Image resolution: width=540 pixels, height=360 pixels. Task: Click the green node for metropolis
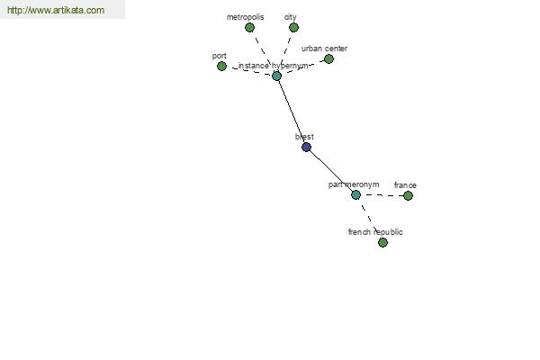[250, 28]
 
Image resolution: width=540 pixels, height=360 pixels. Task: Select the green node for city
[293, 28]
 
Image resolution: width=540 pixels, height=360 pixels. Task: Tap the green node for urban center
[328, 59]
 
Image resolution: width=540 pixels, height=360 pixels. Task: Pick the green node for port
[221, 66]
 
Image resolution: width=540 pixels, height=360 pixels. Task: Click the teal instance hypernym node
[276, 76]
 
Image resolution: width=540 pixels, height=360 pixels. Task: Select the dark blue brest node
[306, 147]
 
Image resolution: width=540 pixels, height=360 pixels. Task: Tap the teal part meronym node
[355, 194]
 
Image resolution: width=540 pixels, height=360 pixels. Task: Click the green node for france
[408, 195]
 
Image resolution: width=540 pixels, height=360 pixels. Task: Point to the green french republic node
[382, 242]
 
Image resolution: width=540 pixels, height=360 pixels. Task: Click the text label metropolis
[245, 17]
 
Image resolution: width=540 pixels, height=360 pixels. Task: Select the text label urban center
[324, 49]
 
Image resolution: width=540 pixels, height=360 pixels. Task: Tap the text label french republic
[375, 232]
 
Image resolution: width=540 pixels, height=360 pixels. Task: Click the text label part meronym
[354, 184]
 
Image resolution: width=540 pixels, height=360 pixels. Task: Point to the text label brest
[304, 137]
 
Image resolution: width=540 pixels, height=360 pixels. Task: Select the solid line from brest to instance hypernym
[291, 111]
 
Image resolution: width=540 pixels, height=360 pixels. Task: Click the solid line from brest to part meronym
[330, 170]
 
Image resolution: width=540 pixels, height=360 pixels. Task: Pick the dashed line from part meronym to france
[382, 195]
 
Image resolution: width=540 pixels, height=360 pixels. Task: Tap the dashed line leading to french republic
[369, 219]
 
